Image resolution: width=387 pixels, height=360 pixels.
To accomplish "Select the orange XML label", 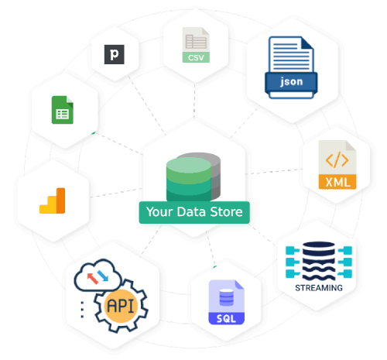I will point(336,183).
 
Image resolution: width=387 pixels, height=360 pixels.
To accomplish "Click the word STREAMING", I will point(318,288).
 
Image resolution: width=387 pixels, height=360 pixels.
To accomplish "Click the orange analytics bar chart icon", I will point(53,200).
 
